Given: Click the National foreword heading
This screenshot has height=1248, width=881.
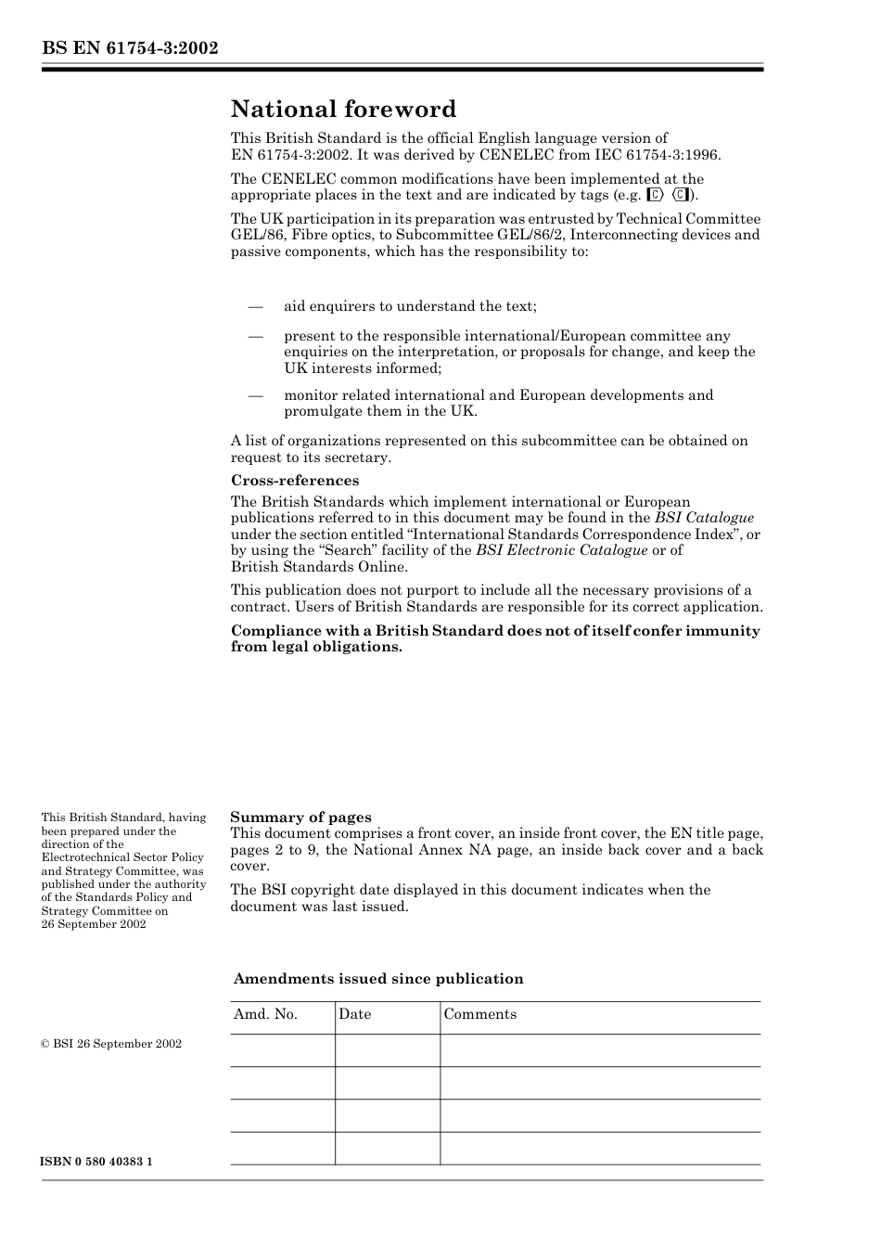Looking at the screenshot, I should pyautogui.click(x=343, y=109).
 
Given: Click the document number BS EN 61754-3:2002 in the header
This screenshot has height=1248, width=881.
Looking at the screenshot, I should pyautogui.click(x=130, y=48).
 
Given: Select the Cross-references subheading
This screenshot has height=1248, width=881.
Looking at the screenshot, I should pyautogui.click(x=294, y=481).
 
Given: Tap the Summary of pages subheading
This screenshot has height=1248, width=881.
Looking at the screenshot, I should pyautogui.click(x=300, y=817).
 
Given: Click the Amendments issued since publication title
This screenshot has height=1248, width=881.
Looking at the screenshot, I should pyautogui.click(x=378, y=979).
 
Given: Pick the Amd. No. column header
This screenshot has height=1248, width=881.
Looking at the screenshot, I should pyautogui.click(x=265, y=1014).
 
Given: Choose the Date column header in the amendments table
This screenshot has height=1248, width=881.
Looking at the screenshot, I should pyautogui.click(x=354, y=1014).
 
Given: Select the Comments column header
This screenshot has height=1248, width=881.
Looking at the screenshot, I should pyautogui.click(x=479, y=1014).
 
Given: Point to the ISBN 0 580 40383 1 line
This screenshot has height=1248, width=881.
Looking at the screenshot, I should pyautogui.click(x=97, y=1162).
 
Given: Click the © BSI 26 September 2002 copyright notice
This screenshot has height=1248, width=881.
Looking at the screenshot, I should pyautogui.click(x=111, y=1044).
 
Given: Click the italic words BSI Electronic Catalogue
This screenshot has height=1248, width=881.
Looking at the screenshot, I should pyautogui.click(x=561, y=550).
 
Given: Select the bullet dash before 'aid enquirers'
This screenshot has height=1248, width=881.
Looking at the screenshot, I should pyautogui.click(x=256, y=306).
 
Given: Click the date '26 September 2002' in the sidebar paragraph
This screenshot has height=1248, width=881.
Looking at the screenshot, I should pyautogui.click(x=94, y=924).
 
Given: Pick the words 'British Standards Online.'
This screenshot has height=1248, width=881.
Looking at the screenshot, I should pyautogui.click(x=318, y=567).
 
